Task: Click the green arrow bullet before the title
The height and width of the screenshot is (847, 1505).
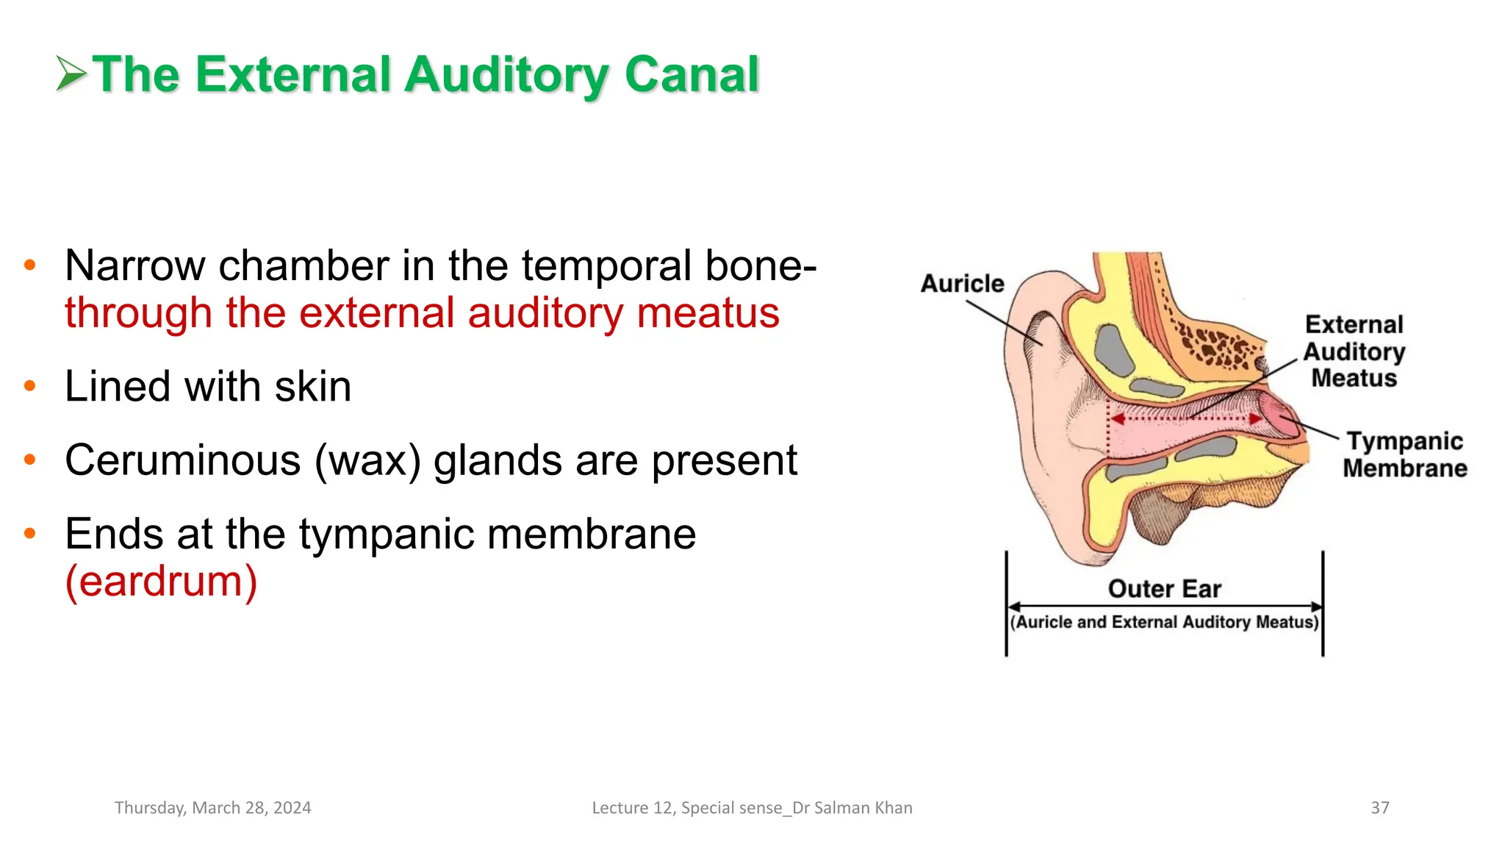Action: (x=71, y=74)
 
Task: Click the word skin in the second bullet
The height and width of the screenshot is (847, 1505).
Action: (x=312, y=387)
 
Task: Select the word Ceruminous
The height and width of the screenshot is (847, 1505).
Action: (x=183, y=460)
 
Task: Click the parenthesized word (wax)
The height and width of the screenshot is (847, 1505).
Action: (x=367, y=461)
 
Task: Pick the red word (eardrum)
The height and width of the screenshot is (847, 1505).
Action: (x=161, y=582)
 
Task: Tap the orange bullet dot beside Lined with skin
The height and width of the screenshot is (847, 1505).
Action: (x=30, y=385)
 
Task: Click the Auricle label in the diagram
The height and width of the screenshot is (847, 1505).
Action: (x=962, y=284)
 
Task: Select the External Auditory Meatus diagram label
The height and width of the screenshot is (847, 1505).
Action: (x=1354, y=351)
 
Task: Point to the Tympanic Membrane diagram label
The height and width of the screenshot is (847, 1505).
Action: (x=1404, y=454)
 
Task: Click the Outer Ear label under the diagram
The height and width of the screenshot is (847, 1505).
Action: (x=1164, y=589)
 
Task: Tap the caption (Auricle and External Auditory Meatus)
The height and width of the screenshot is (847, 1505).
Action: (x=1164, y=622)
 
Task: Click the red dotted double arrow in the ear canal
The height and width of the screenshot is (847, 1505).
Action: (x=1185, y=419)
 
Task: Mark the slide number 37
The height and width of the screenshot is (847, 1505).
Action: (x=1379, y=807)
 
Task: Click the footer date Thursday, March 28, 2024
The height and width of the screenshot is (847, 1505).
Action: (x=213, y=807)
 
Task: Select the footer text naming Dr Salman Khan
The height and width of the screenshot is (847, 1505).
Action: (x=752, y=807)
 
